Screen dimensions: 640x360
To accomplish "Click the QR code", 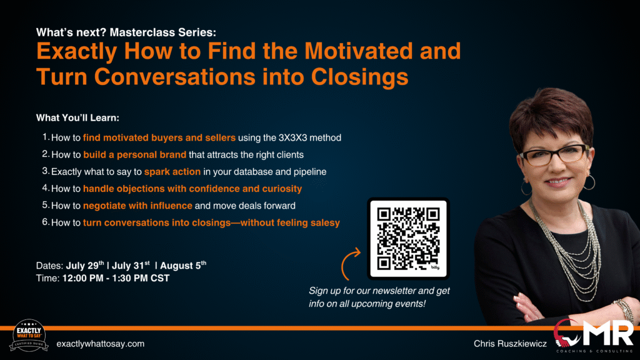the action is point(408,239).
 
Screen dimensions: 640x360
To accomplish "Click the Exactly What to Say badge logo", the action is point(29,335).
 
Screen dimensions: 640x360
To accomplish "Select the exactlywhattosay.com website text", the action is point(101,344).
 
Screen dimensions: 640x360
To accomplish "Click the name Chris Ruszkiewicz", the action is point(510,344).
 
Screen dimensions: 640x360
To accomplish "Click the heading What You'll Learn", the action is point(77,118).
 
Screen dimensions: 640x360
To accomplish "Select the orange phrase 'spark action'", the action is point(172,172).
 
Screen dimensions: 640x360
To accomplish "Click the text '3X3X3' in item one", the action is point(292,138).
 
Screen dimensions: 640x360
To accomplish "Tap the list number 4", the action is point(46,187).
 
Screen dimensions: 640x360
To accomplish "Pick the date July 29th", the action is point(85,265).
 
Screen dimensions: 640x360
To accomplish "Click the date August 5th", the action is point(183,265).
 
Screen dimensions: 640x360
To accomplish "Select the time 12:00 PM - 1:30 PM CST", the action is point(116,278).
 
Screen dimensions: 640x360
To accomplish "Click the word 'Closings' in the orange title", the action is point(359,77).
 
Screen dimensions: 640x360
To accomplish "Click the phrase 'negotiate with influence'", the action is point(137,206).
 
